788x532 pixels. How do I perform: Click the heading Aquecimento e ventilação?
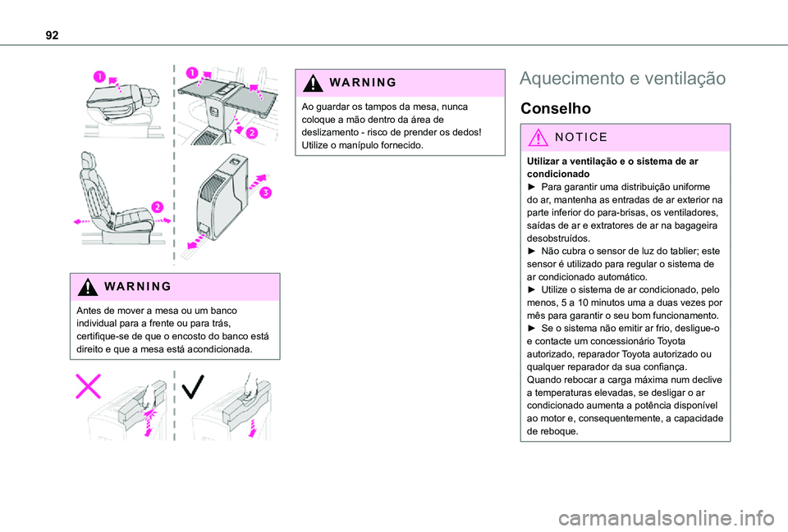click(623, 79)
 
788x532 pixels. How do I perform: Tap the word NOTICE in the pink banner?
click(581, 138)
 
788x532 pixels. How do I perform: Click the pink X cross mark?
click(89, 385)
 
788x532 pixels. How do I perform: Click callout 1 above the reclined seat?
click(98, 76)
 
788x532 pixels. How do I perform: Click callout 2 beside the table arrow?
click(253, 133)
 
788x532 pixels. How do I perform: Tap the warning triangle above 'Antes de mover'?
click(89, 287)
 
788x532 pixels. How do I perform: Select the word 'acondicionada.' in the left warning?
click(227, 348)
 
